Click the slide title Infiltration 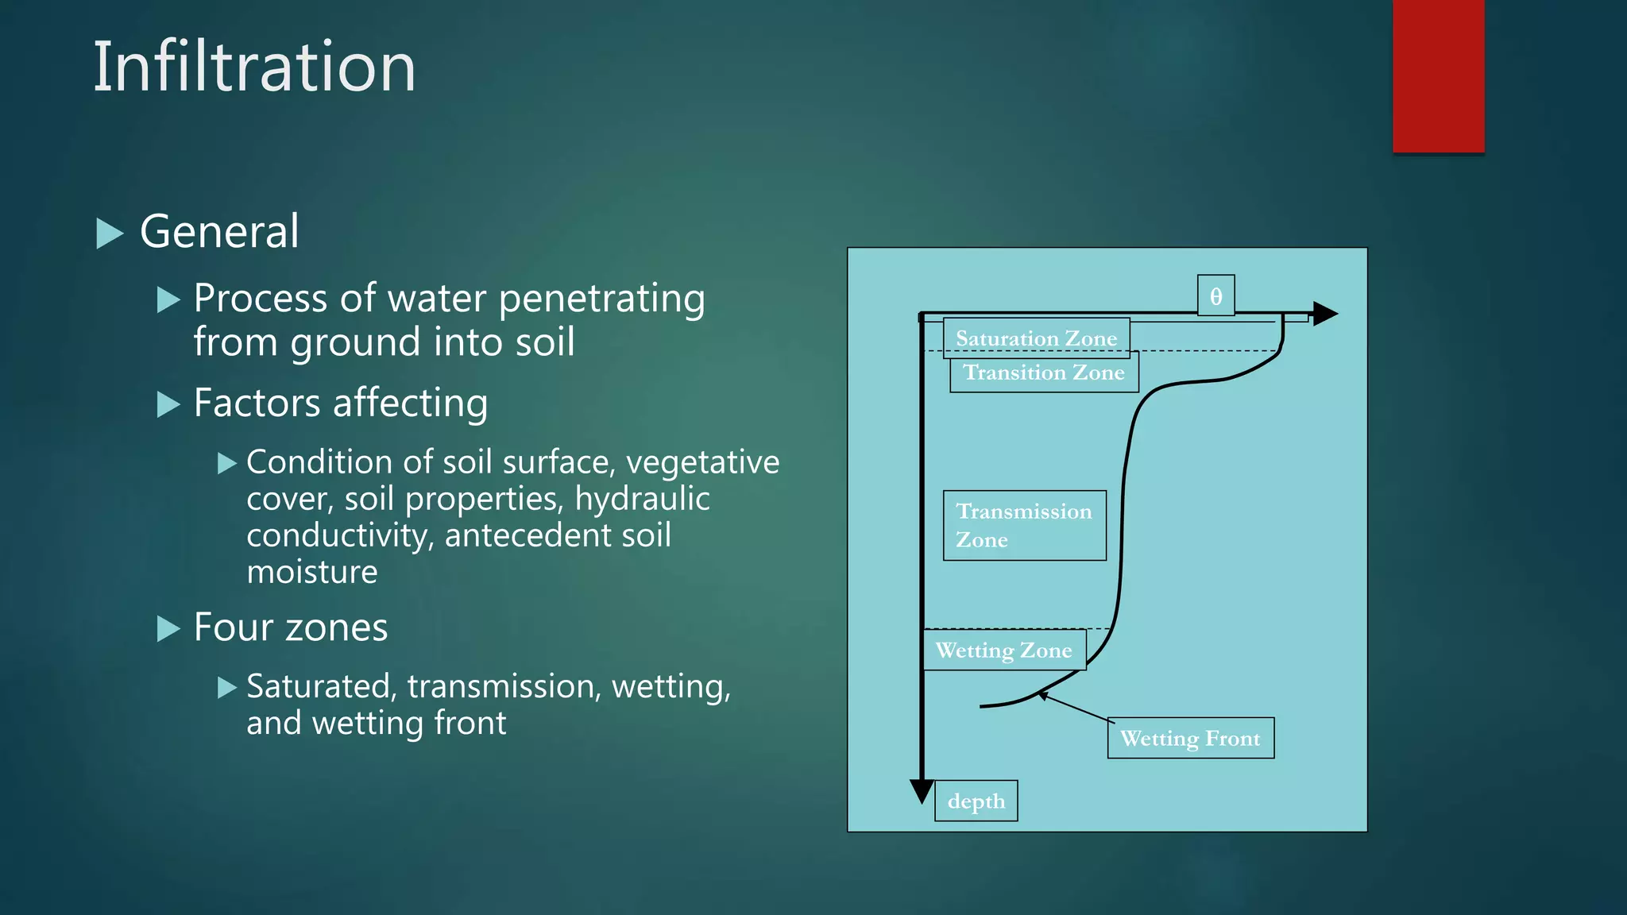(254, 68)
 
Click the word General (219, 232)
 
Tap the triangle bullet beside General (110, 234)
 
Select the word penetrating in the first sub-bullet (601, 299)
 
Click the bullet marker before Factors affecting (168, 404)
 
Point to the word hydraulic (642, 499)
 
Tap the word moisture (312, 572)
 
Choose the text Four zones (291, 627)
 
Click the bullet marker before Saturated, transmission (227, 687)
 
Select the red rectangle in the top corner (1438, 75)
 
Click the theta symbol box (1215, 296)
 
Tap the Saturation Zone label (1036, 338)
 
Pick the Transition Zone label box (1044, 373)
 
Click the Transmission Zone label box (1024, 526)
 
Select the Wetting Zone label (1003, 651)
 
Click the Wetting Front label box (1190, 739)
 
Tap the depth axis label (976, 801)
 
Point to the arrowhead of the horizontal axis (1324, 314)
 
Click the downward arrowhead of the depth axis (922, 790)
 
